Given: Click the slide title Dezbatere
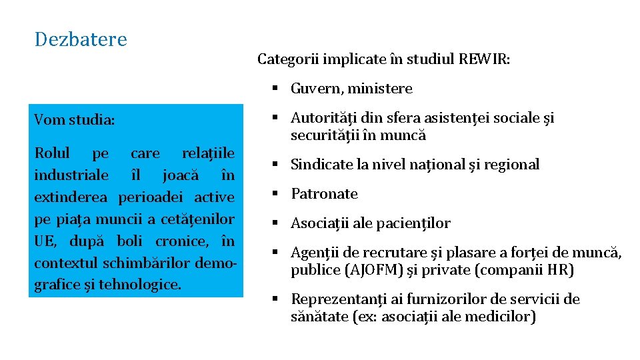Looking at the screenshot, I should click(81, 39).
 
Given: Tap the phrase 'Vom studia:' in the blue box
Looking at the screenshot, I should click(75, 120).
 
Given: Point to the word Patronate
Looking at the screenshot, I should click(325, 194).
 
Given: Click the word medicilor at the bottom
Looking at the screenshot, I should click(501, 317).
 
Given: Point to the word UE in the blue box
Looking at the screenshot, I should click(44, 241).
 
